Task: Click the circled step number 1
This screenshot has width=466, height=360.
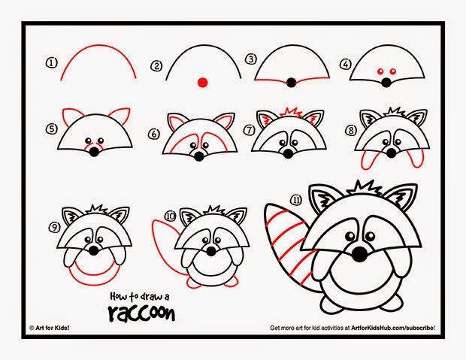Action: click(x=52, y=64)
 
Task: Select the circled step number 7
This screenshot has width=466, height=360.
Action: click(x=249, y=129)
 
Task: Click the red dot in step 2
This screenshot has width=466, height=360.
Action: click(x=201, y=80)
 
